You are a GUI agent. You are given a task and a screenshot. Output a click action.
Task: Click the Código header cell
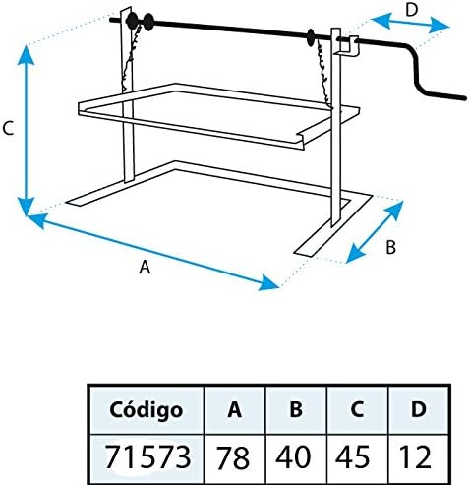click(x=146, y=410)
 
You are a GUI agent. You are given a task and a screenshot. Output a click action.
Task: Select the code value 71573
click(x=148, y=456)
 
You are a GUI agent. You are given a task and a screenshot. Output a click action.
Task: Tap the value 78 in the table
click(x=233, y=456)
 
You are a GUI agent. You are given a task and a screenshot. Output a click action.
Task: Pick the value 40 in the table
click(x=293, y=456)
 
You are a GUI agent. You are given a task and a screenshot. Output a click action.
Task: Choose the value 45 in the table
click(x=353, y=456)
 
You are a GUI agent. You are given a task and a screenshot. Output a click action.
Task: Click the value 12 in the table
click(x=415, y=456)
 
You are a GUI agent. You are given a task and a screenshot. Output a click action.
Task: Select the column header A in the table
click(x=234, y=409)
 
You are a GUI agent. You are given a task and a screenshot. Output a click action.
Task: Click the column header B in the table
click(x=296, y=409)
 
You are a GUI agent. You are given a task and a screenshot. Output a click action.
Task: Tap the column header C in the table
click(x=357, y=409)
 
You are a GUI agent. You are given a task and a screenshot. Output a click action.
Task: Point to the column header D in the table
click(x=419, y=409)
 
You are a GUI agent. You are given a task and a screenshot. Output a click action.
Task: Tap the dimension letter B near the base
click(x=390, y=247)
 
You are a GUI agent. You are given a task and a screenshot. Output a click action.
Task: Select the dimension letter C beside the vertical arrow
click(x=8, y=128)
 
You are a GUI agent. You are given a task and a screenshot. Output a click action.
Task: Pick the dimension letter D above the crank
click(x=412, y=10)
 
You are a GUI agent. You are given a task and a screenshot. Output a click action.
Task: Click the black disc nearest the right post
click(x=310, y=37)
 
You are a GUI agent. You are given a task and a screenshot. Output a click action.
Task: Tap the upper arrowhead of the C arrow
click(x=27, y=55)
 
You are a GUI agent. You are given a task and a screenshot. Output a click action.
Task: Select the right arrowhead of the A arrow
click(x=268, y=283)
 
